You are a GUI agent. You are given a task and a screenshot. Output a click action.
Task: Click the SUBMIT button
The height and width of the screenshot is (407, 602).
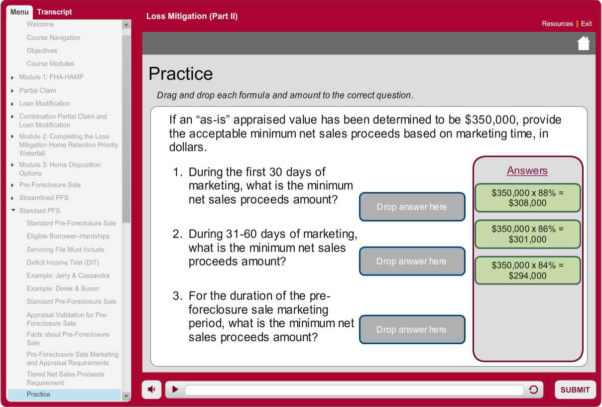pos(575,390)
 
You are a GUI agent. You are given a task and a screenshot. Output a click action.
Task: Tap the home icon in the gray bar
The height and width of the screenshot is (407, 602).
pos(583,43)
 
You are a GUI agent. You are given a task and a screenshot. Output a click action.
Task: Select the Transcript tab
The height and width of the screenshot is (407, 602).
pos(54,12)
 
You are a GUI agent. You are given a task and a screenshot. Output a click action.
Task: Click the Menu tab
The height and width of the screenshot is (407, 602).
pos(19,12)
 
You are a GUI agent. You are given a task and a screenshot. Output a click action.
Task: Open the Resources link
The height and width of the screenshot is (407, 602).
pos(557,23)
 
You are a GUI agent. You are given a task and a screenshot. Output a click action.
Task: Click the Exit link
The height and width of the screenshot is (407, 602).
pos(586,23)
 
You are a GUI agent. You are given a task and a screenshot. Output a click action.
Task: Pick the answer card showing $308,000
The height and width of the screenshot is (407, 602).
pos(527,198)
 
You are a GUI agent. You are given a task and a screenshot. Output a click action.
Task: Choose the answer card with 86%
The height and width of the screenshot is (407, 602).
pos(527,234)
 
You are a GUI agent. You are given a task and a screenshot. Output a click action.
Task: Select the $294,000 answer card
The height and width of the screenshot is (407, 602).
pos(527,271)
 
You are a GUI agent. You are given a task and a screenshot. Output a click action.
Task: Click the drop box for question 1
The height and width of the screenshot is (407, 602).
pos(412,207)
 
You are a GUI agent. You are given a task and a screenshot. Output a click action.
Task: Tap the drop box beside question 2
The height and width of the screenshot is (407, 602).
pos(412,261)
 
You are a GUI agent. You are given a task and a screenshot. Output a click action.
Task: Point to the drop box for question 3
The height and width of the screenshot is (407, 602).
pos(412,329)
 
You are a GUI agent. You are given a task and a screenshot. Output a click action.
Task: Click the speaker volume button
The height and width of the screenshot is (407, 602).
pos(151,389)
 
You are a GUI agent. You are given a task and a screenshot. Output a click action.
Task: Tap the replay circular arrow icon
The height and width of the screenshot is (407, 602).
pos(533,390)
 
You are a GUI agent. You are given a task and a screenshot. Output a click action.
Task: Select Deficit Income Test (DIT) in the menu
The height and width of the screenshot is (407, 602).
pos(63,263)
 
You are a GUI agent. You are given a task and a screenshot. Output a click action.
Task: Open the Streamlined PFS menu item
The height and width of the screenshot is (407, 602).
pos(44,198)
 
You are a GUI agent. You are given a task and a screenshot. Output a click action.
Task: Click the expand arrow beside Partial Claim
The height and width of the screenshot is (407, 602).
pos(12,91)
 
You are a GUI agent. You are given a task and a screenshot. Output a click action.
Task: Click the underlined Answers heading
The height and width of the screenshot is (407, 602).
pos(527,170)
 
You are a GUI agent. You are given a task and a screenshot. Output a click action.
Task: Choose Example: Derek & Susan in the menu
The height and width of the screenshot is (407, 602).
pos(63,288)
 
